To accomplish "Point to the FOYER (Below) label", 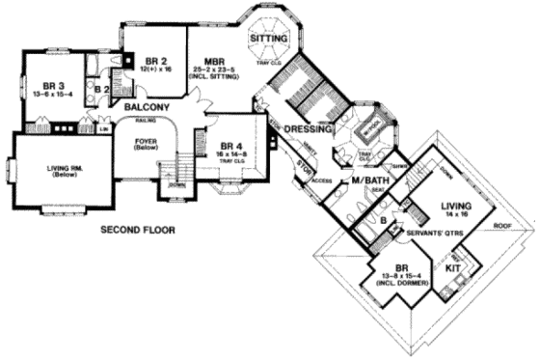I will click(x=151, y=145).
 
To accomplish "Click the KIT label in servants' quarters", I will click(x=452, y=266).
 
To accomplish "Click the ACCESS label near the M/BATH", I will click(x=321, y=180).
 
